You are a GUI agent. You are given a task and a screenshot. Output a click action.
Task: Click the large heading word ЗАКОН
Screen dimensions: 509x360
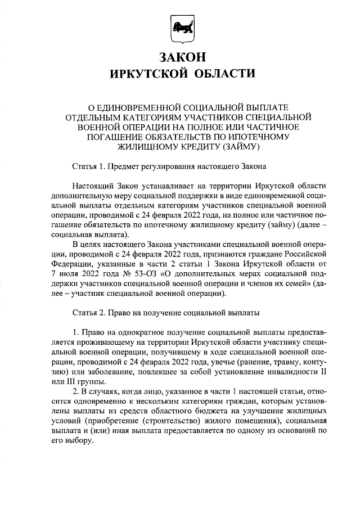[179, 57]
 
